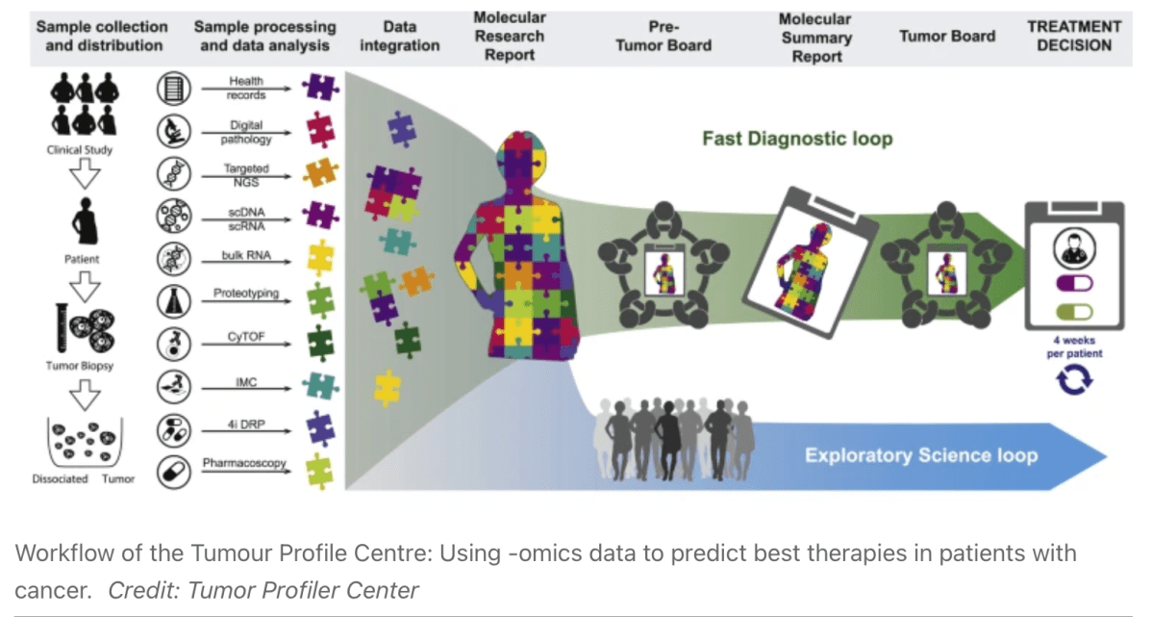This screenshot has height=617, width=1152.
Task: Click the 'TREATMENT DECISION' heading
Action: click(x=1074, y=36)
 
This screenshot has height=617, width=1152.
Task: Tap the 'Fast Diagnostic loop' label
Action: click(x=797, y=139)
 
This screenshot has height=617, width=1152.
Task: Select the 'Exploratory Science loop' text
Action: click(x=921, y=454)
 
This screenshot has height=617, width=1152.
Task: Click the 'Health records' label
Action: click(x=247, y=89)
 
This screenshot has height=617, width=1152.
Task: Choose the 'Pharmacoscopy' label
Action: click(x=245, y=464)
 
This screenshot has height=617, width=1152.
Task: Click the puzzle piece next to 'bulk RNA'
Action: click(x=316, y=257)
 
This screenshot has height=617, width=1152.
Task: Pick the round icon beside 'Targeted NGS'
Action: click(x=173, y=174)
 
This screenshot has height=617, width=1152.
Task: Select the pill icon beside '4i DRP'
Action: click(x=173, y=427)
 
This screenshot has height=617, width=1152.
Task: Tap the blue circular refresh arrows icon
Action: click(x=1074, y=381)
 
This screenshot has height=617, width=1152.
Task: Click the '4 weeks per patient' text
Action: click(x=1075, y=347)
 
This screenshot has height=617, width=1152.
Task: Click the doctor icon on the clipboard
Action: click(x=1075, y=245)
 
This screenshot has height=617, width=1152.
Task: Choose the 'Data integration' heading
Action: click(x=400, y=36)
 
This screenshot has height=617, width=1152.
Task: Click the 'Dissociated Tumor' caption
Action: click(x=85, y=478)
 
